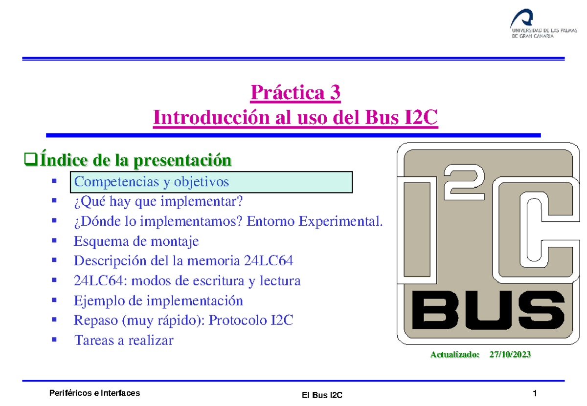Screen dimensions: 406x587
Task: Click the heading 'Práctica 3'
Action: [x=295, y=92]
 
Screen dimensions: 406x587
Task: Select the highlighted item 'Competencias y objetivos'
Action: [x=151, y=182]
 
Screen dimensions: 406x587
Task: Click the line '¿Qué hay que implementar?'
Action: [x=158, y=201]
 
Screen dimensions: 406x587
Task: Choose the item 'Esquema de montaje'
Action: [x=136, y=241]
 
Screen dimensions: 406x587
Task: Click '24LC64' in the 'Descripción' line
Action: [x=268, y=261]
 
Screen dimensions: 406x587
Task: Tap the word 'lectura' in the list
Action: [x=279, y=281]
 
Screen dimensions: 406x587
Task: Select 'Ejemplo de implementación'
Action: [x=158, y=300]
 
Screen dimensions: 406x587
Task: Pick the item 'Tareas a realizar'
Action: [x=123, y=340]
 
